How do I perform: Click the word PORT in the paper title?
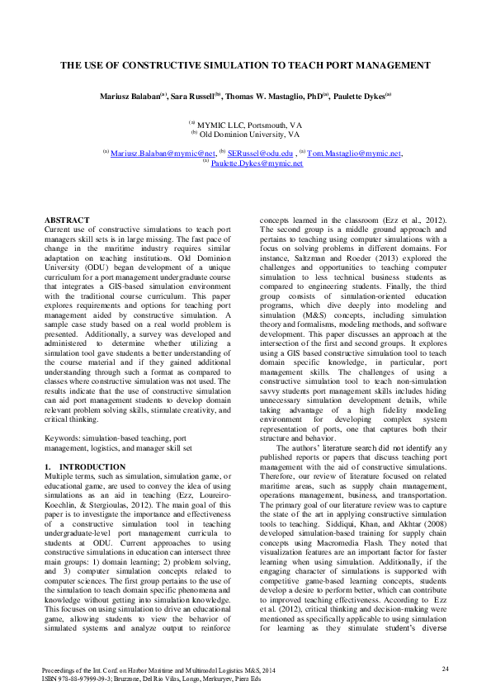(342, 64)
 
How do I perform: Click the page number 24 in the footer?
(445, 668)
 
